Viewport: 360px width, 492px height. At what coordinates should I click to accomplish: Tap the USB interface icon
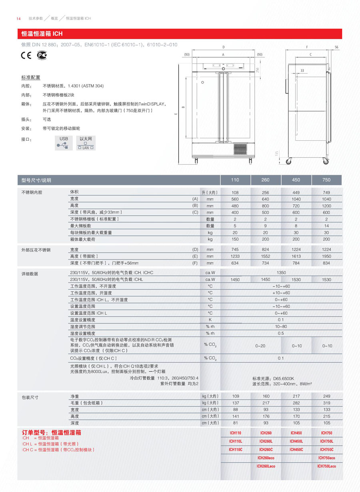64,143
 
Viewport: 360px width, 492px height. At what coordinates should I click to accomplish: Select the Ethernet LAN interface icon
86,143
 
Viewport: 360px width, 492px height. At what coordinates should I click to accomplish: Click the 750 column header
326,180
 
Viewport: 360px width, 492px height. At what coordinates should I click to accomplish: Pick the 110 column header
235,180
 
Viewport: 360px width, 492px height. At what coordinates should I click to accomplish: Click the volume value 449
296,192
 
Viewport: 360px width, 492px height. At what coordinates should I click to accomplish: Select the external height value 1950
326,256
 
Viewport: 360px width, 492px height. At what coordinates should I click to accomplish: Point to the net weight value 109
235,396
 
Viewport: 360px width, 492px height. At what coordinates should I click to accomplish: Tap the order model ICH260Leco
266,466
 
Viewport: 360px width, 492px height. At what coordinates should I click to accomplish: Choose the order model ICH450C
296,450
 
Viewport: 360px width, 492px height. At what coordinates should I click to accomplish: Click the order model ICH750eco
326,458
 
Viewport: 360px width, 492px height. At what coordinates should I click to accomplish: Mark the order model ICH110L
235,441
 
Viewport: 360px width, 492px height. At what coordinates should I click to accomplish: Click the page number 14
18,19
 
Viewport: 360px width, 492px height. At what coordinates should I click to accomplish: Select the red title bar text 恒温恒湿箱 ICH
42,34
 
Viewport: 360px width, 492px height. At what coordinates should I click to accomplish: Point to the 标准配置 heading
30,77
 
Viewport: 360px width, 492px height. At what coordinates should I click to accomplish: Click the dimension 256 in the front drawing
258,70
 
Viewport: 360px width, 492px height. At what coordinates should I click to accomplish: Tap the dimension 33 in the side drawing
302,70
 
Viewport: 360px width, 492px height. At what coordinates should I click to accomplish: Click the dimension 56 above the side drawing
336,47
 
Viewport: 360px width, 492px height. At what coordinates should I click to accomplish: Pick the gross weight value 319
326,403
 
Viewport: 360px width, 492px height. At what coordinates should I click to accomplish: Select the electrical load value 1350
281,273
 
